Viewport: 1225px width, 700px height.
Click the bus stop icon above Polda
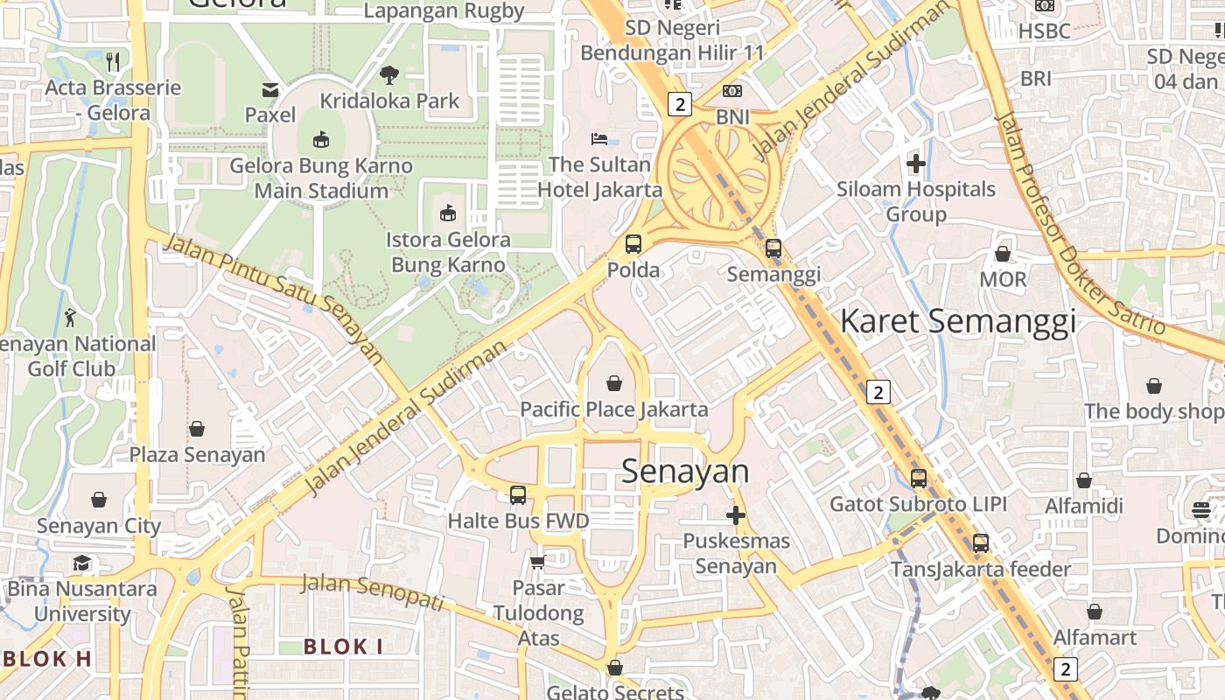(633, 245)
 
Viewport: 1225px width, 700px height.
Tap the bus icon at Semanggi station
(773, 248)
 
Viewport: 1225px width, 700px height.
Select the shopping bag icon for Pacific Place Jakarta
(614, 383)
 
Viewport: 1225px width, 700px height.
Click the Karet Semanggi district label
(957, 321)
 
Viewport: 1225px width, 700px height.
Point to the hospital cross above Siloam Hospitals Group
(916, 164)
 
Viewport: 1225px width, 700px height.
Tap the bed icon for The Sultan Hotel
(599, 138)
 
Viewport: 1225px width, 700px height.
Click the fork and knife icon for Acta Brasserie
(113, 61)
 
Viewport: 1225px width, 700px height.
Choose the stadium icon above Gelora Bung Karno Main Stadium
(321, 139)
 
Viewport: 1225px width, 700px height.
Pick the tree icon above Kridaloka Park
(389, 74)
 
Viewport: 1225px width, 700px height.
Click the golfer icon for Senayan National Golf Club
(71, 318)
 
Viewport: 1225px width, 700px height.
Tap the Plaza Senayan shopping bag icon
(197, 429)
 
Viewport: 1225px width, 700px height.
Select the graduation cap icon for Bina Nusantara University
(82, 563)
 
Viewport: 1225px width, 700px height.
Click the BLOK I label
(343, 647)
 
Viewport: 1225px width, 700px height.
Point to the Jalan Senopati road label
(374, 592)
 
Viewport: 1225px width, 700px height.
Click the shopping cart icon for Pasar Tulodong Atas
(537, 561)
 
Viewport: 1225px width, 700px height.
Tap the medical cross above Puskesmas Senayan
(736, 515)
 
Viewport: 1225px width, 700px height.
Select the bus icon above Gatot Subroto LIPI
(918, 479)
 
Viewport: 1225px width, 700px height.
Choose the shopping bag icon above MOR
(1003, 254)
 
